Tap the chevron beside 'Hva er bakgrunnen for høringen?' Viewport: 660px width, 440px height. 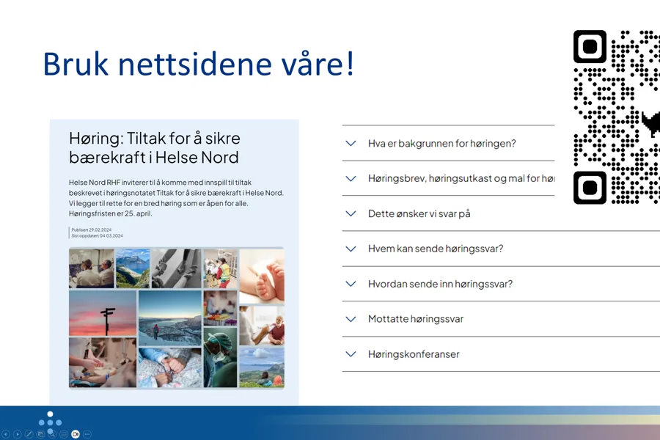tap(351, 144)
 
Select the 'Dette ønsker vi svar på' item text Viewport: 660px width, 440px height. tap(419, 214)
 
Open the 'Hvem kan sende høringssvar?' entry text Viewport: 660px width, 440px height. tap(435, 249)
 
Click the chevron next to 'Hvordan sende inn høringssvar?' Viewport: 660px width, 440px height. tap(351, 285)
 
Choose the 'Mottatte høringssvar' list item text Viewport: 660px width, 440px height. tap(415, 319)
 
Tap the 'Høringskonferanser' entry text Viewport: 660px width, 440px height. tap(414, 354)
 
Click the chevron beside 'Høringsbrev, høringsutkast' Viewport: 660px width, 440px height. tap(351, 179)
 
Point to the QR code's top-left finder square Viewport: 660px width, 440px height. tap(590, 46)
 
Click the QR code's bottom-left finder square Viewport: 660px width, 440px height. tap(590, 188)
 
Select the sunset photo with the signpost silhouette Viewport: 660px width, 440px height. tap(103, 313)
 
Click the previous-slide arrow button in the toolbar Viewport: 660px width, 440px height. tap(6, 434)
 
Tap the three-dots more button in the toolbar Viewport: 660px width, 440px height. tap(87, 434)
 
